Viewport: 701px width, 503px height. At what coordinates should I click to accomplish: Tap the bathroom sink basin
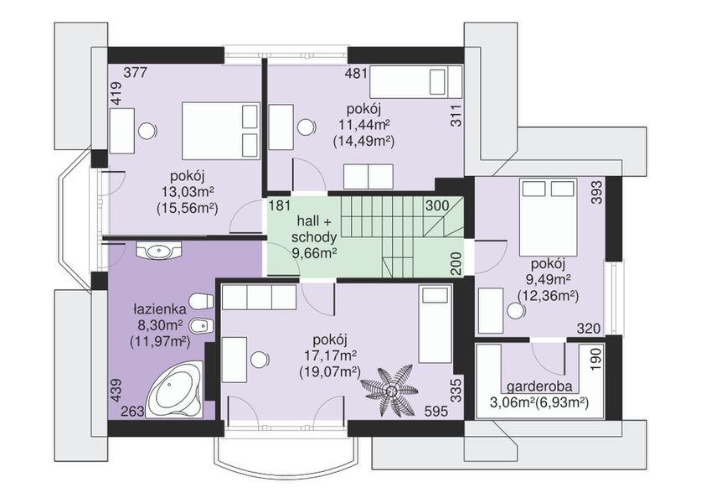click(158, 250)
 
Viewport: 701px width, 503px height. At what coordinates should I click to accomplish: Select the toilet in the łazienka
click(201, 301)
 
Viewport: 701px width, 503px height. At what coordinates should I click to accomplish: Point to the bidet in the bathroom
click(201, 326)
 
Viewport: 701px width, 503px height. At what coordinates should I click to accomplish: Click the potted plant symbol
click(389, 388)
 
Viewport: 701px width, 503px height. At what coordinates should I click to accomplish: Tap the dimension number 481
click(356, 73)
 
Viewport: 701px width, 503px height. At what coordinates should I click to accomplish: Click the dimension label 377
click(135, 72)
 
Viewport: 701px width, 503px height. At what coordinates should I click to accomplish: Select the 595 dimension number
click(436, 411)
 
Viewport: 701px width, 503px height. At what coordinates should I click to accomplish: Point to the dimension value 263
click(133, 411)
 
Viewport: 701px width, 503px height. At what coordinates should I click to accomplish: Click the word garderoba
click(539, 387)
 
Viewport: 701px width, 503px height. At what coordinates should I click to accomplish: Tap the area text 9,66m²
click(314, 254)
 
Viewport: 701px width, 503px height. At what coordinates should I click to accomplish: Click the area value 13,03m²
click(188, 192)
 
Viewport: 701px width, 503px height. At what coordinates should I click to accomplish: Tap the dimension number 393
click(597, 193)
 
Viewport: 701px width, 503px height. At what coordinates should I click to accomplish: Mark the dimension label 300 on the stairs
click(437, 206)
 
